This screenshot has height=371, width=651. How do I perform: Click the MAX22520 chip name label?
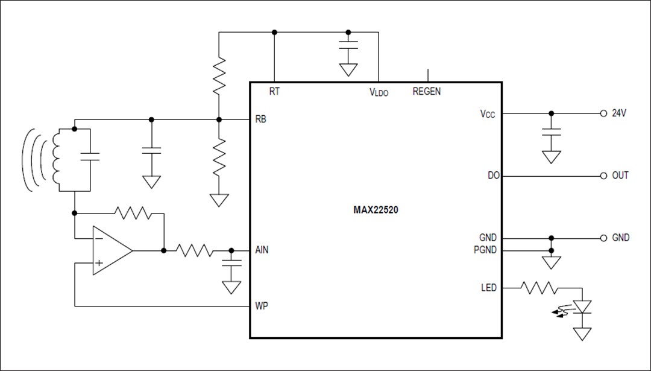[375, 211]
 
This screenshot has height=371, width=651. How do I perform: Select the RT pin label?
[275, 92]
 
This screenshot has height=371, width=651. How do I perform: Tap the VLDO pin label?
[379, 92]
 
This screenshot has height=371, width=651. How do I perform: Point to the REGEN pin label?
[427, 92]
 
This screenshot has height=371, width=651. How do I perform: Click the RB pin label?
[261, 119]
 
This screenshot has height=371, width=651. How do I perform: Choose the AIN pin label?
[262, 250]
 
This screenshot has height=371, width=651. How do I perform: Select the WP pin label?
[262, 306]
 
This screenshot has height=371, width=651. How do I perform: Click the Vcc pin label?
[487, 113]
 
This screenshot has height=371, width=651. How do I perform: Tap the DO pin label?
[492, 176]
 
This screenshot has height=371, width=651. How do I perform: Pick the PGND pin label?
[485, 250]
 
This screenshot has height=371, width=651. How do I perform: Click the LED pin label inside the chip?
[489, 288]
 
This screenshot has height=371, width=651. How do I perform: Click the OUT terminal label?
[620, 176]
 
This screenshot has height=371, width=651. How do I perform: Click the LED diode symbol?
[582, 308]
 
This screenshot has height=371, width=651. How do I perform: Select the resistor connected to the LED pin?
[540, 288]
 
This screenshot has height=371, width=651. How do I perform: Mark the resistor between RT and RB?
[219, 75]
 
